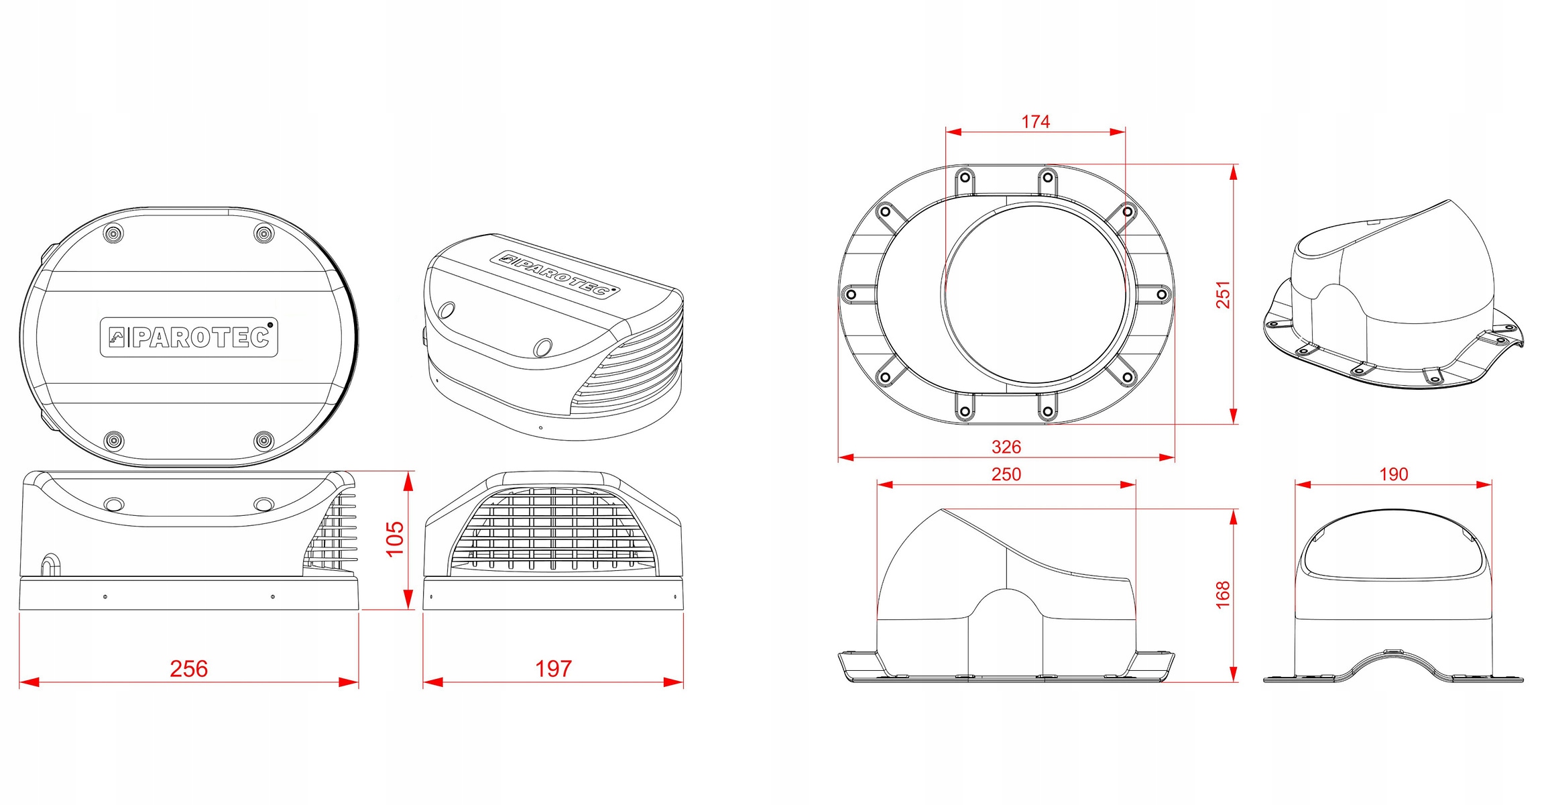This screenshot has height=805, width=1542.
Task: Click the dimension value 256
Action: (x=189, y=669)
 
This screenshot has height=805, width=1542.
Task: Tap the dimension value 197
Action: (x=553, y=669)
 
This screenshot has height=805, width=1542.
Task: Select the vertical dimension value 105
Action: (x=395, y=538)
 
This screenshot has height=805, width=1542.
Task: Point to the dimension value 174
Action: (x=1035, y=121)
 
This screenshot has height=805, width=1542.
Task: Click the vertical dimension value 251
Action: (x=1224, y=294)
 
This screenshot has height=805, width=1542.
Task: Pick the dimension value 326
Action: (x=1006, y=447)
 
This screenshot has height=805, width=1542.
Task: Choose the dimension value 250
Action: (x=1006, y=474)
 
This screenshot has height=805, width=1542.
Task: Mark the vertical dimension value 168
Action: (x=1224, y=594)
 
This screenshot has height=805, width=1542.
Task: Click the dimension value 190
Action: (x=1393, y=474)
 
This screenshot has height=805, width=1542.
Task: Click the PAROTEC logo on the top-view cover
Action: (x=189, y=337)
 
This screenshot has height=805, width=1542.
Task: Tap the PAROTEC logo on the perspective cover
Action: (x=555, y=274)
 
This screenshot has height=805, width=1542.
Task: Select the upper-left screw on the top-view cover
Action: (x=114, y=233)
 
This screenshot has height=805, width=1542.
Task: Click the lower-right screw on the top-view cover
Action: (x=265, y=441)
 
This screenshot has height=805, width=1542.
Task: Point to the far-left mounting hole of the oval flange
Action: (x=851, y=294)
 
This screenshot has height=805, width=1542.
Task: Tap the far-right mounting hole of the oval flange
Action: (x=1162, y=294)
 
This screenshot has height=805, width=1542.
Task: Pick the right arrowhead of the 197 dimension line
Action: (x=674, y=682)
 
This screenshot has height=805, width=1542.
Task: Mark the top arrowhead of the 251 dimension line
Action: (x=1234, y=173)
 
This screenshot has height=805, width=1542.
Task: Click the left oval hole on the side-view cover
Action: (x=115, y=504)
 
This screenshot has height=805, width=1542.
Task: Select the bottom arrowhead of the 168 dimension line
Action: (x=1234, y=674)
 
